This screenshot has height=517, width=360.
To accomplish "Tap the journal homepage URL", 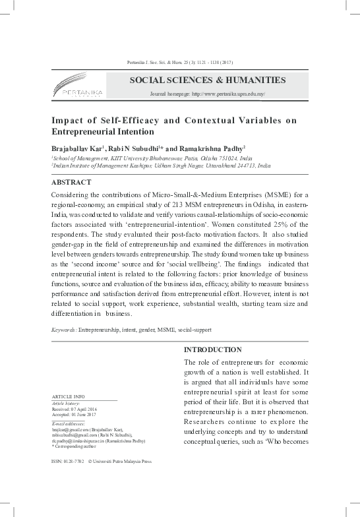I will click(x=208, y=95).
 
